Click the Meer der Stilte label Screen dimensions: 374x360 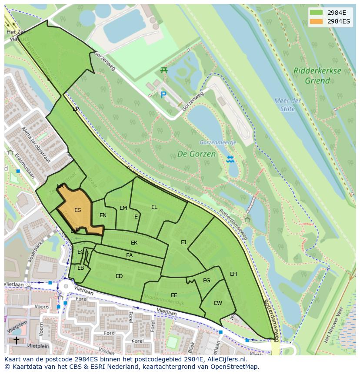287,105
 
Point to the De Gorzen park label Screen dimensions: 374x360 196,154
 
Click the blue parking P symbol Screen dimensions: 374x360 163,95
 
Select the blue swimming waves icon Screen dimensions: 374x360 230,159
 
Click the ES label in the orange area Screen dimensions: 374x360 77,210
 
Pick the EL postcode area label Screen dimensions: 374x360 154,207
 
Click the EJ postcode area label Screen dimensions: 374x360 183,242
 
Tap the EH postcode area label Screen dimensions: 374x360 233,274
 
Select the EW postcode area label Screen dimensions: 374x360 218,303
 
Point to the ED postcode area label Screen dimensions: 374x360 119,276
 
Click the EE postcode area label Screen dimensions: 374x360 174,295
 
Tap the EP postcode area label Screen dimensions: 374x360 76,109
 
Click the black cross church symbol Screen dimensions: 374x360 16,340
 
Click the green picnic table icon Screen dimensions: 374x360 164,70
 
